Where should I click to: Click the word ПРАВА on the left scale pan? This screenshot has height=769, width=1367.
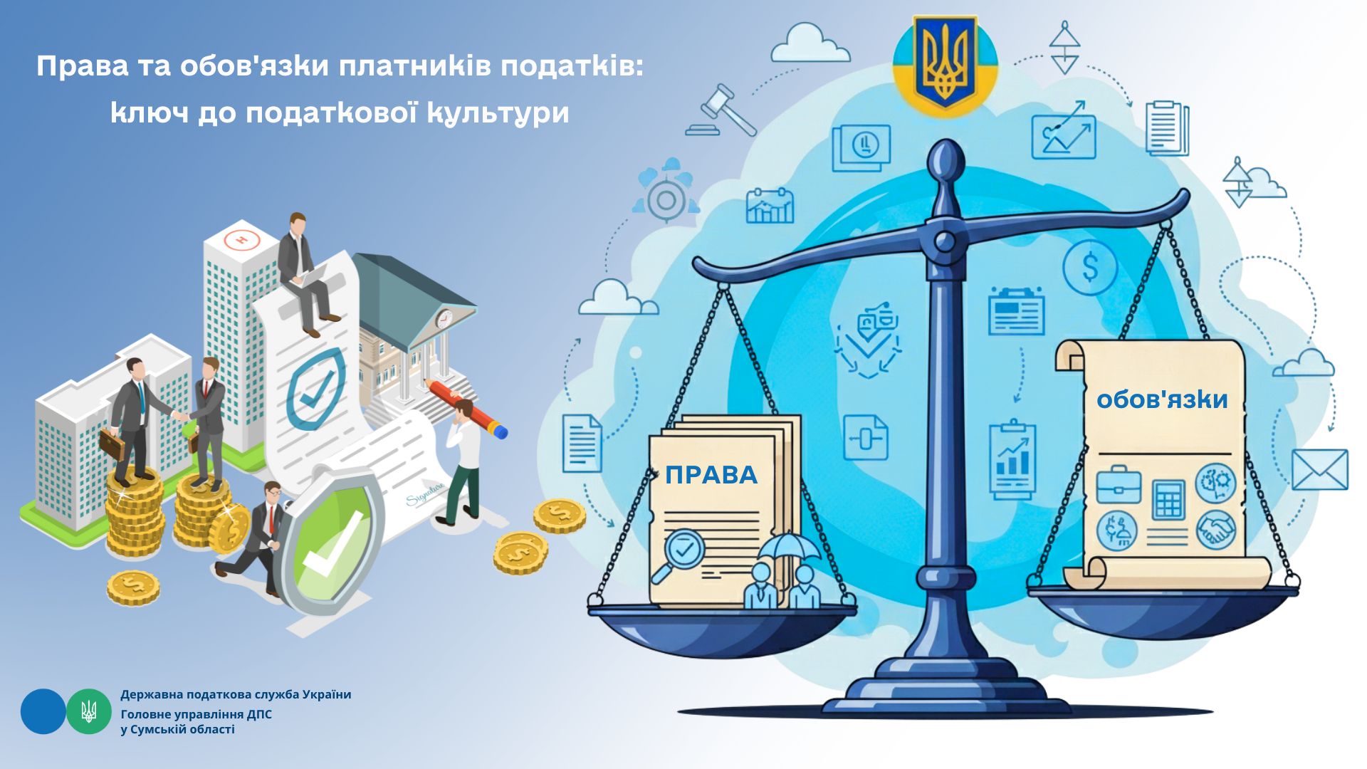point(711,474)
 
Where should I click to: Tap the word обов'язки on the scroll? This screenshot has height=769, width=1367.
point(1162,399)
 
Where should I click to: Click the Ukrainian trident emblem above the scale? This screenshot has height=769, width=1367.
point(945,63)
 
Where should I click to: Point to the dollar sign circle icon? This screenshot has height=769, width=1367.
point(1090,268)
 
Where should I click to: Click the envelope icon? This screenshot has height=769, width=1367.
point(1319,469)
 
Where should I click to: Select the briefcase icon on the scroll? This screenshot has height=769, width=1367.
point(1118,484)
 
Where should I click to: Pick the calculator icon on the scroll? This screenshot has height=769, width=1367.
point(1168,500)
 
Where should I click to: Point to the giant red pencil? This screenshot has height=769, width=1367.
point(466,408)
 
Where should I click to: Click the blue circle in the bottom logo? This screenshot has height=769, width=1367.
point(43,711)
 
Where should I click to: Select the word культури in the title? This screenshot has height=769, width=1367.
point(498,113)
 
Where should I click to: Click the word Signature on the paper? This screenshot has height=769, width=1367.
point(426,493)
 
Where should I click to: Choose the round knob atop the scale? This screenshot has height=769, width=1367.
point(946,156)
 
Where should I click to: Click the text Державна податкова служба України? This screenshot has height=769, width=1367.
point(236,694)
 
